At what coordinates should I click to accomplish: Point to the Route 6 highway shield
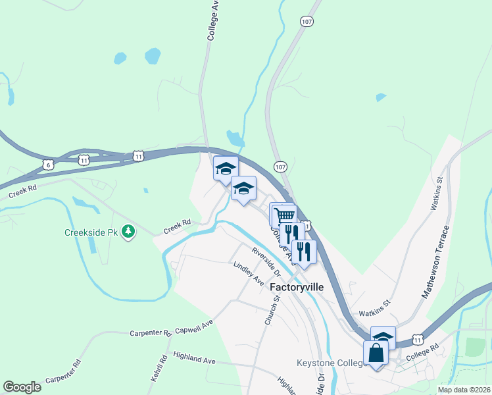click(x=48, y=165)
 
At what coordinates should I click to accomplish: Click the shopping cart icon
click(x=284, y=215)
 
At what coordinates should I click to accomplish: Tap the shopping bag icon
click(x=376, y=353)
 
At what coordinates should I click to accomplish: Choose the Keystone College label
click(x=330, y=363)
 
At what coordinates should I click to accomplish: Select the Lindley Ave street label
click(x=248, y=273)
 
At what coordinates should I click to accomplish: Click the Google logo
click(x=22, y=387)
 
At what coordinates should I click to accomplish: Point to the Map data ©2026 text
click(x=464, y=390)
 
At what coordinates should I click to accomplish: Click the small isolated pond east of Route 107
click(x=381, y=97)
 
